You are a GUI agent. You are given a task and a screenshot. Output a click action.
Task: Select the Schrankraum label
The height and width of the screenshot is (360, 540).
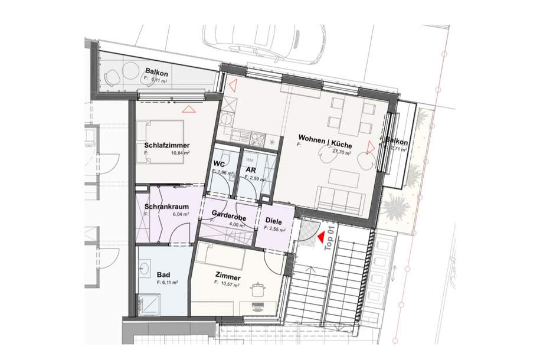pos(166,207)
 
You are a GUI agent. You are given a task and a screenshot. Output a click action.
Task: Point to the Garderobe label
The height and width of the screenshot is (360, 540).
pos(227,215)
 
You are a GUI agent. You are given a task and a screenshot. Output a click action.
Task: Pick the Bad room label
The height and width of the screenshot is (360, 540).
pos(163,274)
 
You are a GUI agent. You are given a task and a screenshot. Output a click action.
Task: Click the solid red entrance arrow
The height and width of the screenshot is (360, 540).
pos(320,237)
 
